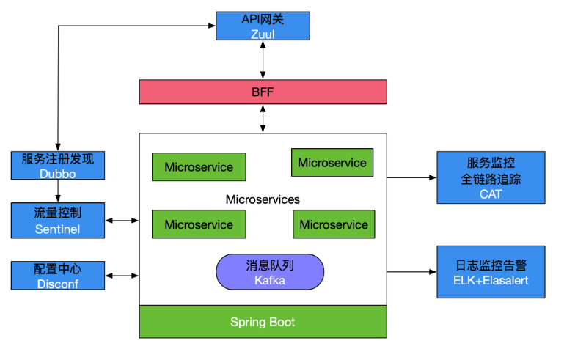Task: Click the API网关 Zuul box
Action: pyautogui.click(x=263, y=26)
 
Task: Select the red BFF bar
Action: pyautogui.click(x=263, y=92)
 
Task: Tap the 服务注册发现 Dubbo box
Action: pyautogui.click(x=58, y=166)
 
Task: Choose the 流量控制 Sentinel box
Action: pyautogui.click(x=58, y=221)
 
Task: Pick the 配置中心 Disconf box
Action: pyautogui.click(x=58, y=275)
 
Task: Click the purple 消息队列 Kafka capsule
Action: pyautogui.click(x=269, y=271)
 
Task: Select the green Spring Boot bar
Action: pyautogui.click(x=263, y=322)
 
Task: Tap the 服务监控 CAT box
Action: pyautogui.click(x=491, y=177)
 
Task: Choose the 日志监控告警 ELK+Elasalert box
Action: pyautogui.click(x=491, y=272)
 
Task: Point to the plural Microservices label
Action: pyautogui.click(x=263, y=199)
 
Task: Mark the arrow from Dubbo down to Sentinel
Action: pyautogui.click(x=58, y=191)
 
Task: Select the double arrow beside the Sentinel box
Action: pyautogui.click(x=122, y=220)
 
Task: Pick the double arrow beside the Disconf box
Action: pyautogui.click(x=122, y=276)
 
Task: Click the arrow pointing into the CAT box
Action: pyautogui.click(x=411, y=177)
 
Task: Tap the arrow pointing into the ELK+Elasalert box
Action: pyautogui.click(x=411, y=272)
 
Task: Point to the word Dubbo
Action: pyautogui.click(x=58, y=174)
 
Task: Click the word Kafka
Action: pyautogui.click(x=269, y=280)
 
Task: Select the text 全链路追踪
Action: pyautogui.click(x=491, y=178)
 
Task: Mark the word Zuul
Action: pyautogui.click(x=263, y=34)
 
